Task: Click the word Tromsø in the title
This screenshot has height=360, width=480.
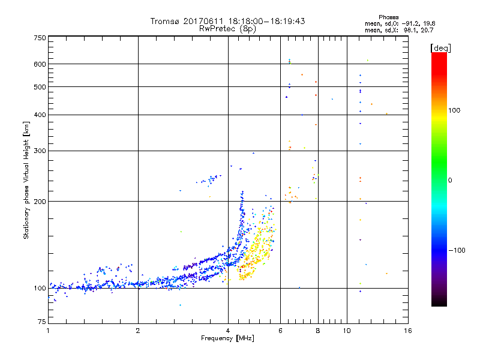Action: [x=164, y=21]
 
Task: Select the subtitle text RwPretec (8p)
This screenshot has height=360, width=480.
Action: [x=227, y=28]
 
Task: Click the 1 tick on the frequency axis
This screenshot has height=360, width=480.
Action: [x=48, y=331]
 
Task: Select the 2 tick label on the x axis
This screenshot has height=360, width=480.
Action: [x=138, y=331]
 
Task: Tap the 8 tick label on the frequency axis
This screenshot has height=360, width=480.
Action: [x=318, y=331]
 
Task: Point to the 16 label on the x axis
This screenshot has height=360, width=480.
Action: [x=408, y=331]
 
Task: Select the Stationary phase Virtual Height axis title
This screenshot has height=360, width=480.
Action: [x=26, y=180]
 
